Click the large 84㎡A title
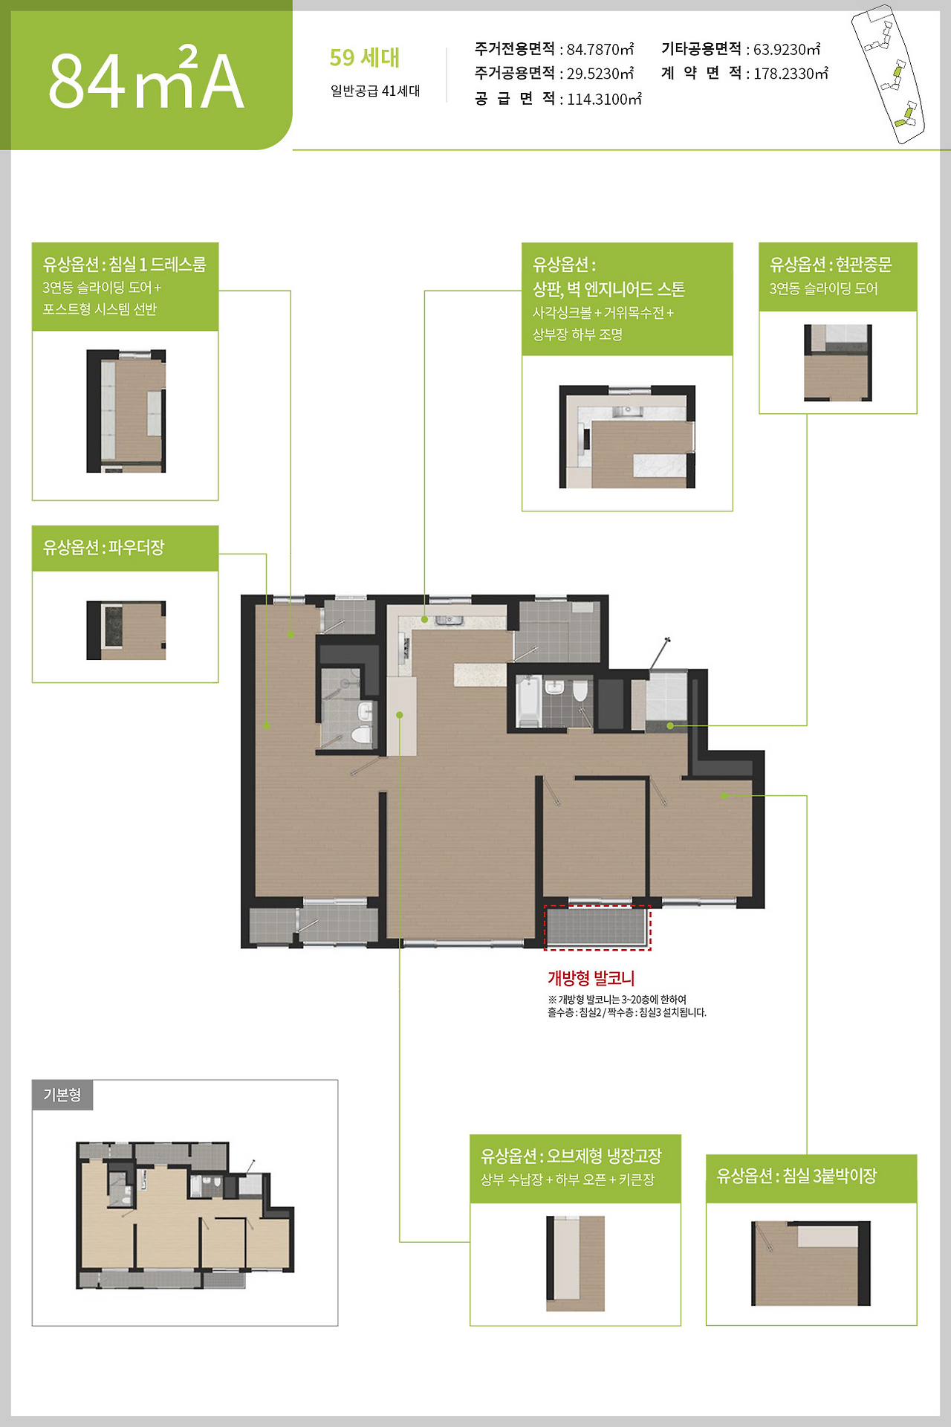146,80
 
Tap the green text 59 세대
365,57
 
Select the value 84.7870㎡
600,49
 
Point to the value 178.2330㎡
791,73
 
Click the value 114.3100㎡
604,99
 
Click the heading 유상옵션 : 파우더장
103,548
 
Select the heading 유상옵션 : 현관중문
831,265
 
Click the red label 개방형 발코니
591,978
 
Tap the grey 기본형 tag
62,1095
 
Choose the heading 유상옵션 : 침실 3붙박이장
796,1176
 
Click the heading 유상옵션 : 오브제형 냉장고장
571,1156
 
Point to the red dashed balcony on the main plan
597,928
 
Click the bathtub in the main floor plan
529,701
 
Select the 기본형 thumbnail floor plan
185,1215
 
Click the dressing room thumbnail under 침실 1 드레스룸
126,411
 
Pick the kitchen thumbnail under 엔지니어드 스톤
627,437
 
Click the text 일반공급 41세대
375,91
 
